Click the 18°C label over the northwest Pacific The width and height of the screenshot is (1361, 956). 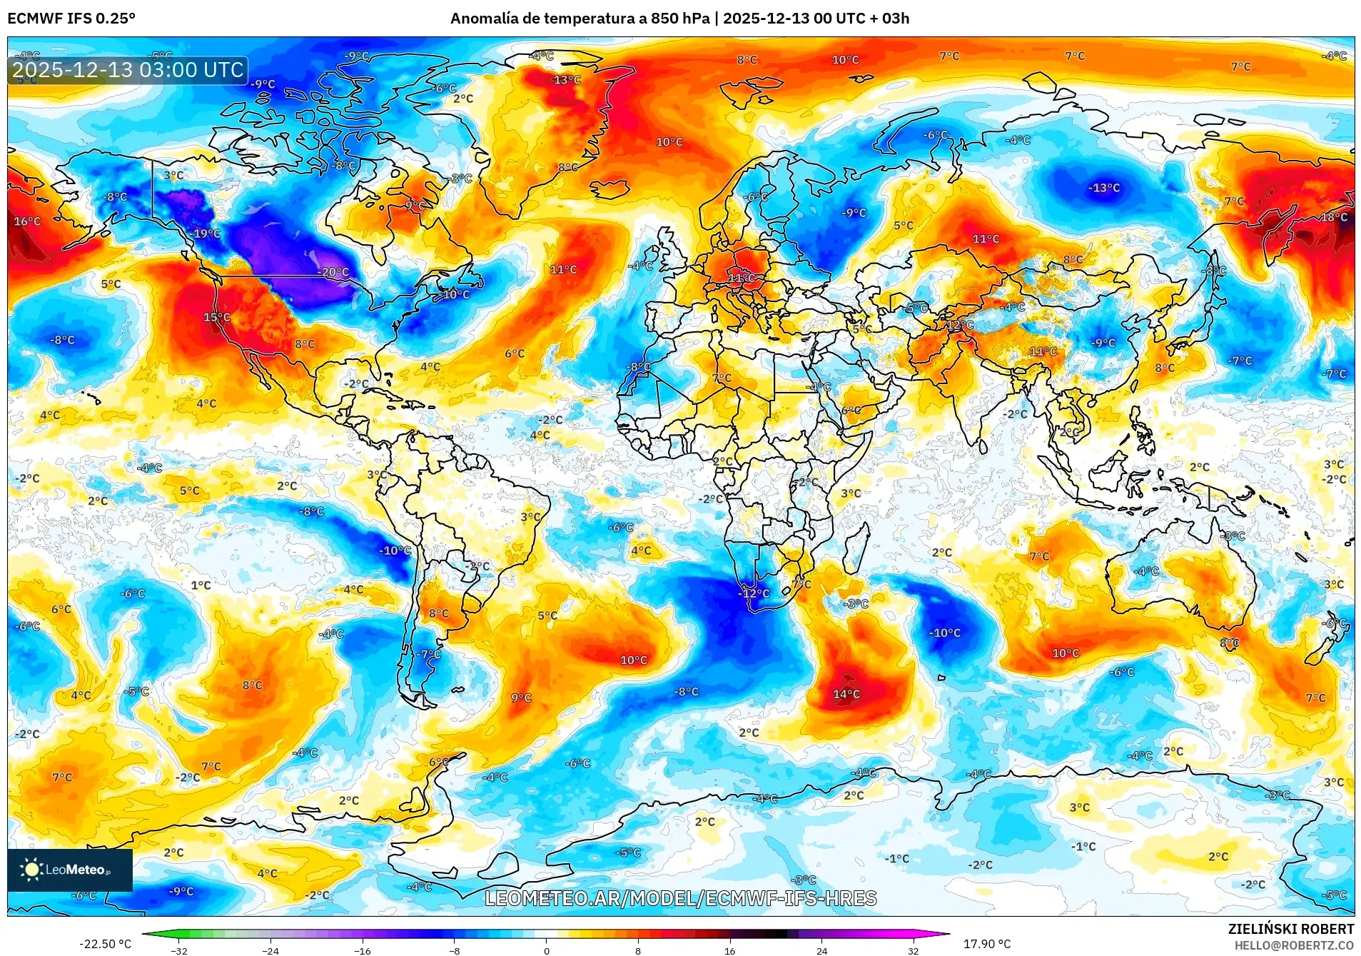(x=1334, y=217)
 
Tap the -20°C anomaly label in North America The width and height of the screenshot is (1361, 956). (x=333, y=272)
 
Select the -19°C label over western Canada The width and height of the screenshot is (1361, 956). (x=206, y=233)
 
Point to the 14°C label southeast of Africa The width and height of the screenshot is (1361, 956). (x=846, y=694)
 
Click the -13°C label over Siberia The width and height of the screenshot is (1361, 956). (x=1103, y=188)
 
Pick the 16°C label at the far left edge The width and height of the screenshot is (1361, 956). (x=27, y=221)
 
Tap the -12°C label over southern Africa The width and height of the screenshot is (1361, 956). (x=754, y=593)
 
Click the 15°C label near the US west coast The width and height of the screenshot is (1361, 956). (x=216, y=317)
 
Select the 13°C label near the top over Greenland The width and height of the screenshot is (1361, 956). (x=567, y=80)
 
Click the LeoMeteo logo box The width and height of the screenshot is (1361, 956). (x=70, y=870)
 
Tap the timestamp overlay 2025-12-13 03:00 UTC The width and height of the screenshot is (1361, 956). (x=128, y=70)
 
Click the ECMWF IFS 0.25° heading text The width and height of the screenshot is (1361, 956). (x=71, y=19)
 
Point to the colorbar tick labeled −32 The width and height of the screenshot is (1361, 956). (x=179, y=950)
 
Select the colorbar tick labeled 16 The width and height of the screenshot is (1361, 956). (x=729, y=950)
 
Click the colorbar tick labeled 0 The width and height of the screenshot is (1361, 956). (x=546, y=950)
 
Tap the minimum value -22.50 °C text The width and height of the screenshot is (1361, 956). (x=105, y=944)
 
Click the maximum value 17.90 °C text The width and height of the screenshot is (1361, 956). (x=986, y=944)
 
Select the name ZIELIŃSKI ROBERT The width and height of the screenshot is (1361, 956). (x=1290, y=929)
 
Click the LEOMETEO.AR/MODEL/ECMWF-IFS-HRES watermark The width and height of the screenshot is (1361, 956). (x=680, y=898)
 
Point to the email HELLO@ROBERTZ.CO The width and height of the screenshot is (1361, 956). (x=1293, y=945)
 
